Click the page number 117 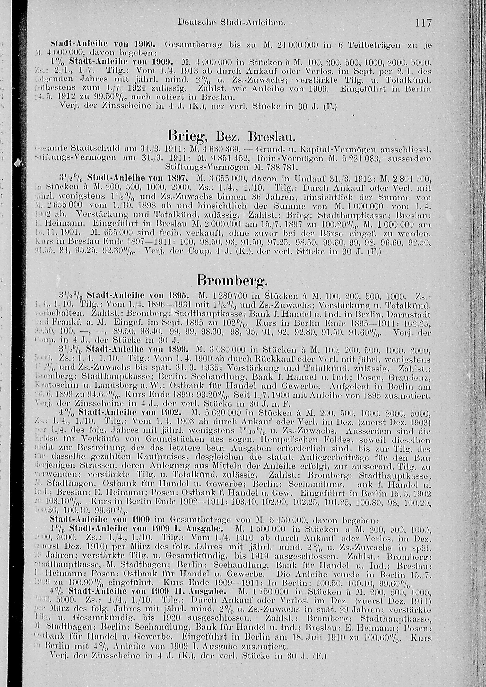click(x=423, y=23)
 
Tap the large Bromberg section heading click(x=232, y=282)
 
